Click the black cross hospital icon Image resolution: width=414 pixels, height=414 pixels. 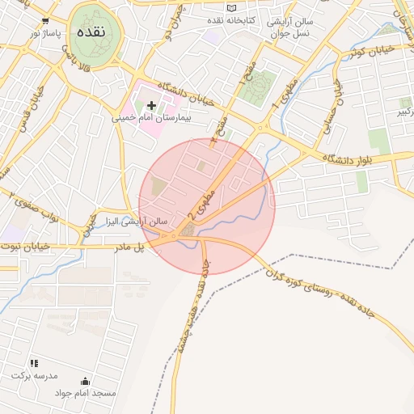point(151,105)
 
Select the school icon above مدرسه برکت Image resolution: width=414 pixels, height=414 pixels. point(34,363)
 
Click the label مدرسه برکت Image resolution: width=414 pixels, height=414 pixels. point(32,376)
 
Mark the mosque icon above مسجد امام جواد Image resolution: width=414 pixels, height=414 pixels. point(86,381)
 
